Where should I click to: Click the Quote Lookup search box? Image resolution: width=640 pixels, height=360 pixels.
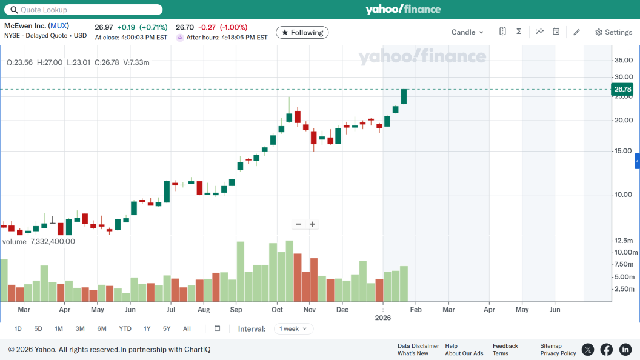(x=83, y=10)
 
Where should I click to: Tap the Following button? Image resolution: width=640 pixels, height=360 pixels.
(x=302, y=32)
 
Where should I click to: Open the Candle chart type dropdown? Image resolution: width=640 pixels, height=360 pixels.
(x=467, y=32)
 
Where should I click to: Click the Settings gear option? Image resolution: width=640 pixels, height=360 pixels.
(x=613, y=32)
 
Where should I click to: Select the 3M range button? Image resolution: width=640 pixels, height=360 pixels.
(x=80, y=328)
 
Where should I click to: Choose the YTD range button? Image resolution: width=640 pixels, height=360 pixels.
(x=125, y=328)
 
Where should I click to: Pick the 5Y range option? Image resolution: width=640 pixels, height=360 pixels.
(x=167, y=328)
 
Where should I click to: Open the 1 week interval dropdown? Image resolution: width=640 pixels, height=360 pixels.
(x=293, y=328)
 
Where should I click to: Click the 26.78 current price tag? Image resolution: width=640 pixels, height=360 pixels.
(x=622, y=89)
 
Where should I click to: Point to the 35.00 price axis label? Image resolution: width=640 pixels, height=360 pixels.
(x=624, y=60)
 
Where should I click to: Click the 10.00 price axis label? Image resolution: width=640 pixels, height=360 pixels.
(x=624, y=195)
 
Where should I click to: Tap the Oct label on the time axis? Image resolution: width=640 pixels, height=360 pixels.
(x=278, y=310)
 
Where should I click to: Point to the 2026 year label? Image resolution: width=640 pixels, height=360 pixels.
(x=383, y=318)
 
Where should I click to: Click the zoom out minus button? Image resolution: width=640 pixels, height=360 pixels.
(x=298, y=224)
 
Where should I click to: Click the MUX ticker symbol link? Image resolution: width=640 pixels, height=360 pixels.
(x=59, y=26)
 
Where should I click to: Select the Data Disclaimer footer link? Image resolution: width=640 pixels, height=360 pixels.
(x=418, y=346)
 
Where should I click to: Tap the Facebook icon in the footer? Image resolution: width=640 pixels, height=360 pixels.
(x=606, y=349)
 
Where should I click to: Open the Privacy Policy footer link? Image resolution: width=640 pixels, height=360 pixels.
(x=558, y=353)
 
